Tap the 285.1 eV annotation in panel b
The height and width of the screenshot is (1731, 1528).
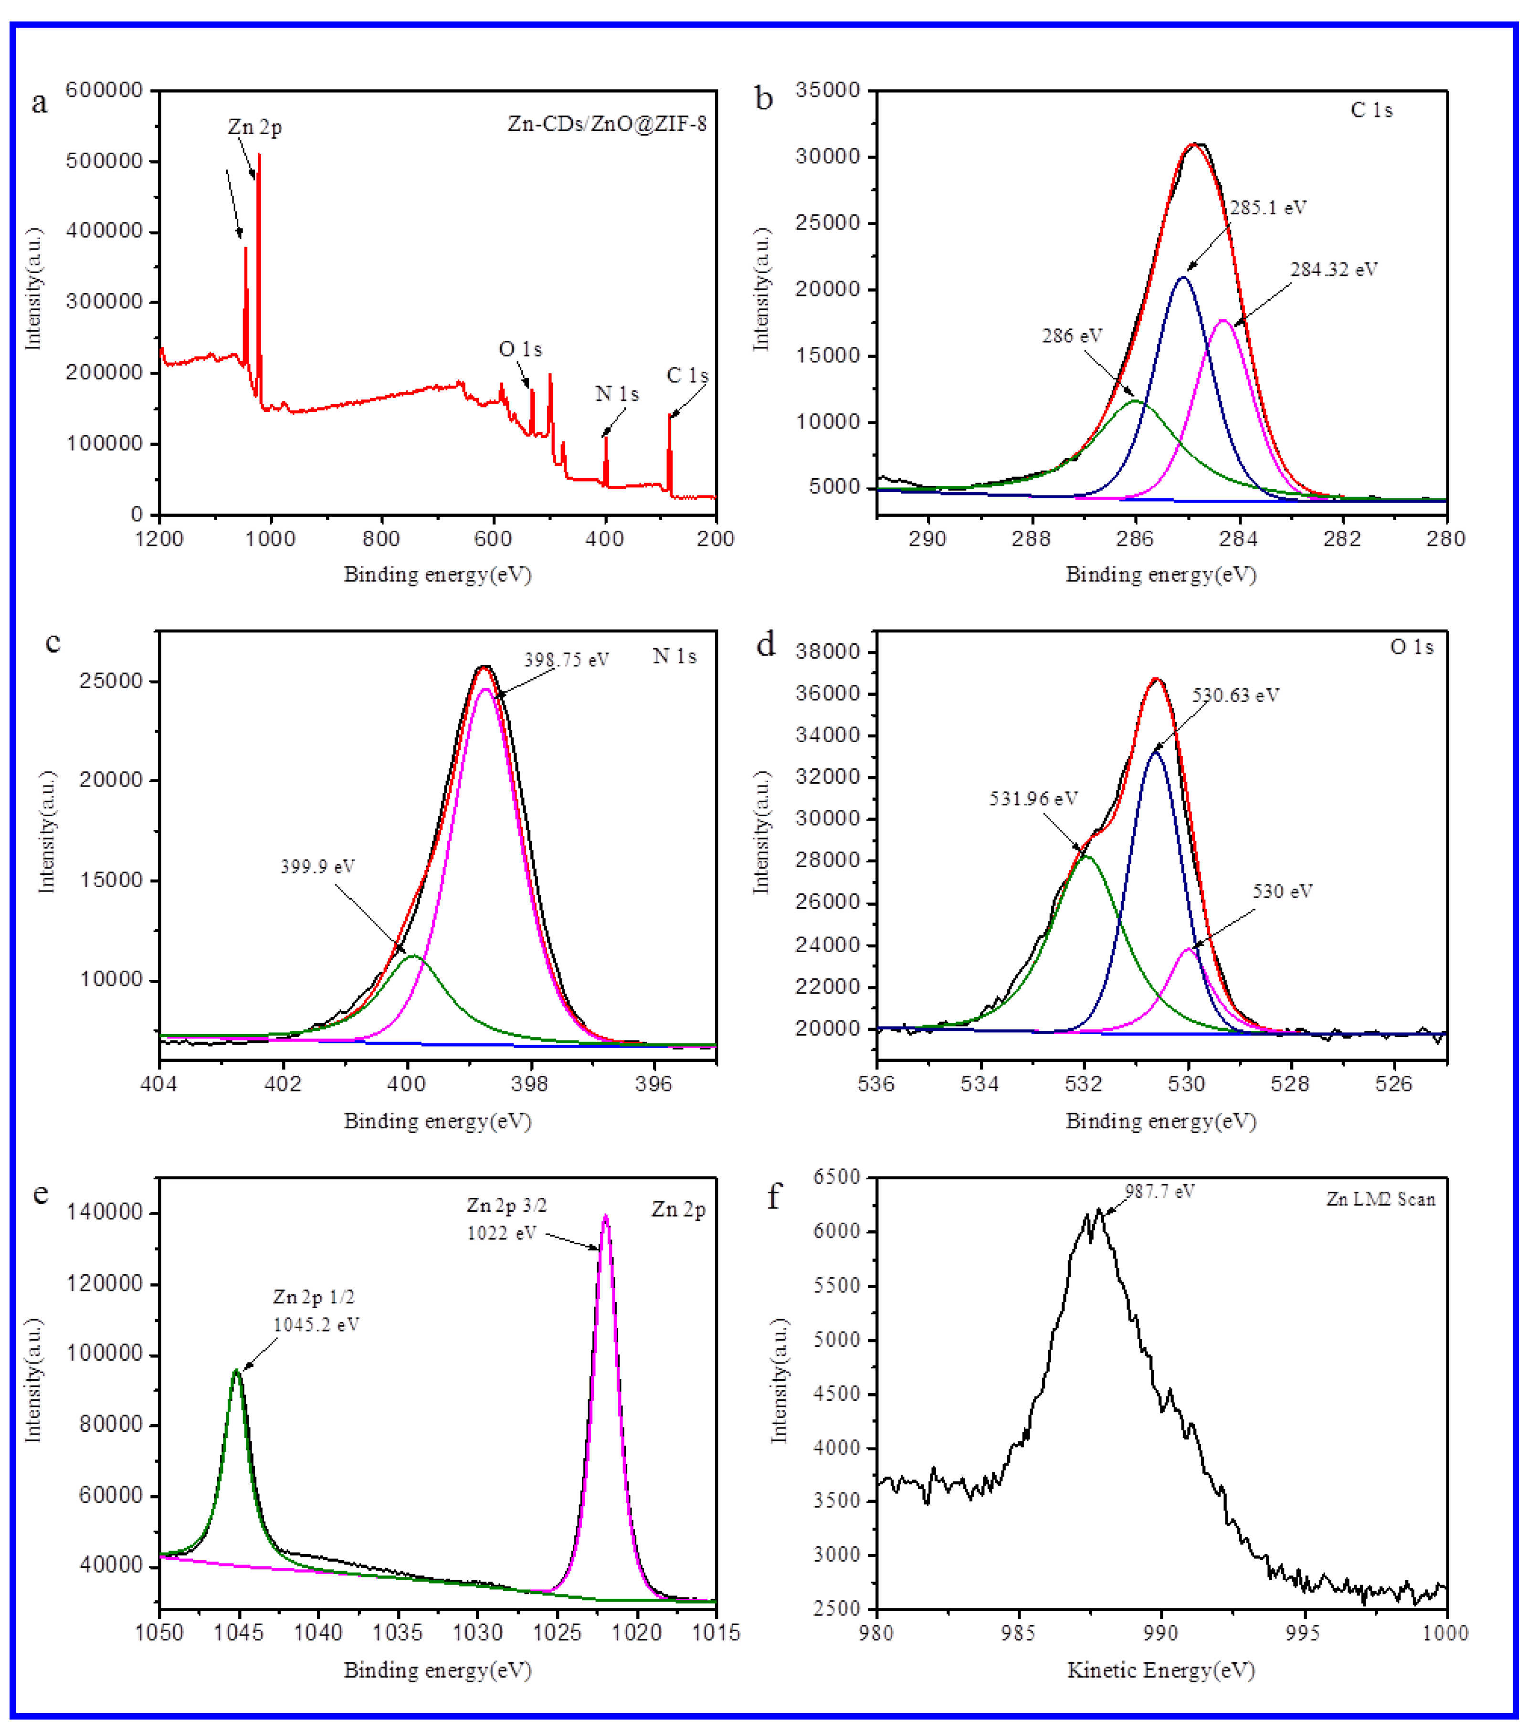point(1268,208)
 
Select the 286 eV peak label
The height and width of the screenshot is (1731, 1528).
point(1072,336)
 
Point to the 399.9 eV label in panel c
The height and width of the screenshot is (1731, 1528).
point(317,866)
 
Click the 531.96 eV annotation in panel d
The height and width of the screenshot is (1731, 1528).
point(1033,798)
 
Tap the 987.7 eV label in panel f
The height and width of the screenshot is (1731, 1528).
point(1159,1192)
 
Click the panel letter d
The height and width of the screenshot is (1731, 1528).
point(766,645)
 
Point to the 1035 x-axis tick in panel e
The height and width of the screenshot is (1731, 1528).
point(398,1632)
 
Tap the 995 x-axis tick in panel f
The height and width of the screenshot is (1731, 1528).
point(1303,1632)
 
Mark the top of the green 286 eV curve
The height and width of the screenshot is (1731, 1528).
point(1135,400)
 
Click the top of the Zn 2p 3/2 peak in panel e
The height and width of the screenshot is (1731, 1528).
point(605,1217)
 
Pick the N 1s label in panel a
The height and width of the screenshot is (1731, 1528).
point(617,394)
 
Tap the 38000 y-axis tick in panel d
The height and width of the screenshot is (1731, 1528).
point(828,651)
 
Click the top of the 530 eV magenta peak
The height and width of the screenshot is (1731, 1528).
point(1188,949)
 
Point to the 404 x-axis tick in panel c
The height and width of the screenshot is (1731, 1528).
point(159,1084)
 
